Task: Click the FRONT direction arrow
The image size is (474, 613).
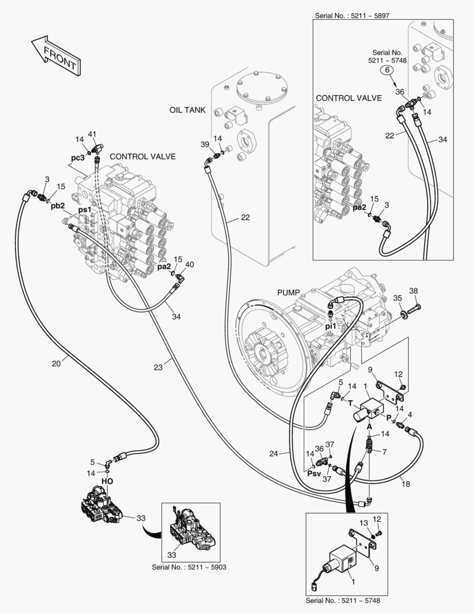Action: coord(55,56)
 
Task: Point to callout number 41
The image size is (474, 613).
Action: coord(93,134)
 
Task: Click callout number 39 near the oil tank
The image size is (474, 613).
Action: coord(205,145)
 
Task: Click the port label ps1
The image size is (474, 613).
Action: coord(85,210)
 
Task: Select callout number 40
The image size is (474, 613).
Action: coord(190,264)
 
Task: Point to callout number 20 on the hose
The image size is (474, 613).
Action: coord(56,363)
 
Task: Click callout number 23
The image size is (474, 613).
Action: coord(158,368)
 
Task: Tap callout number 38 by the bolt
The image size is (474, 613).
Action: coord(413,291)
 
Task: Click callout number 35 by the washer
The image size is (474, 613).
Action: coord(397,297)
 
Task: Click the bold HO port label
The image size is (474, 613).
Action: coord(107,481)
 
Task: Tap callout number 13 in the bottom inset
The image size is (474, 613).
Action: coord(364,522)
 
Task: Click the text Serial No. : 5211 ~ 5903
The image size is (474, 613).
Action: coord(186,566)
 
